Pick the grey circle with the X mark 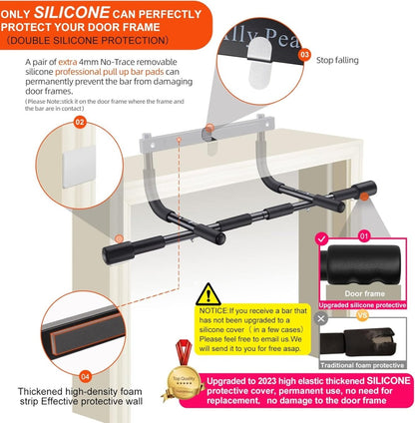click(x=321, y=318)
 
